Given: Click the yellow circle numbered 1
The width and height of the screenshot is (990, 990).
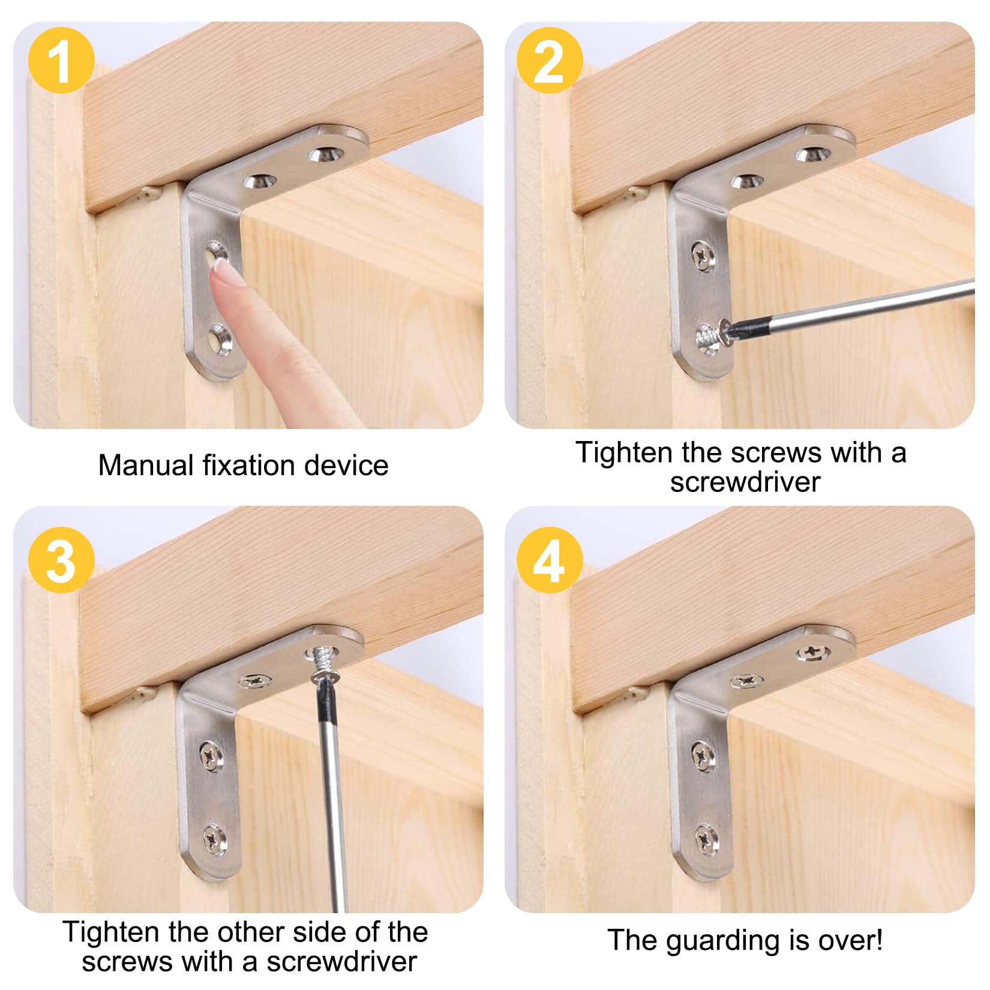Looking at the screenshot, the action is pyautogui.click(x=61, y=60).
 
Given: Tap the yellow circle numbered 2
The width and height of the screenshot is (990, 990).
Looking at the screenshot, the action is pyautogui.click(x=550, y=60).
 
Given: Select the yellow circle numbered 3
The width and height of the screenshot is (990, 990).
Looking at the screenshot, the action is pyautogui.click(x=61, y=560).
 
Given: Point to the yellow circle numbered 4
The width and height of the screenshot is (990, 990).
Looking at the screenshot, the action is pyautogui.click(x=550, y=560).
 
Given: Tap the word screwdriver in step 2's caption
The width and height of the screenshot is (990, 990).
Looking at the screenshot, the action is pyautogui.click(x=745, y=482).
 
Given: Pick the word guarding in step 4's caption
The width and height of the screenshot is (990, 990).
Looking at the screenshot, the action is pyautogui.click(x=724, y=940).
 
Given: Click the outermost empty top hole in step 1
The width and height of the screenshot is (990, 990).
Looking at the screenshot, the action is pyautogui.click(x=326, y=154).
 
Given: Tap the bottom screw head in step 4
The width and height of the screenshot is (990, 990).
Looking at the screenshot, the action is pyautogui.click(x=706, y=838).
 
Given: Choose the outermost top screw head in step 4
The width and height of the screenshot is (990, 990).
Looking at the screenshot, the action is pyautogui.click(x=814, y=652).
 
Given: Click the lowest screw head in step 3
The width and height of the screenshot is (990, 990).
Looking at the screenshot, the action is pyautogui.click(x=214, y=839).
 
